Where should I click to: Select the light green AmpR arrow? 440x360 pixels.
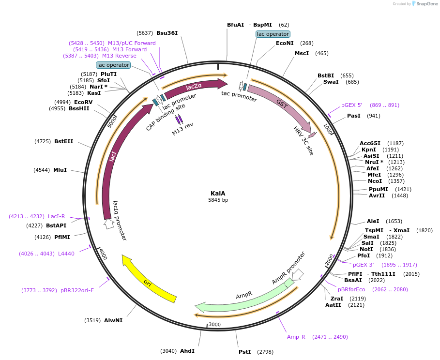pyautogui.click(x=242, y=295)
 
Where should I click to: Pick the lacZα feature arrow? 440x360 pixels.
pyautogui.click(x=194, y=87)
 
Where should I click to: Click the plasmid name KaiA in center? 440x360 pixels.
pyautogui.click(x=218, y=193)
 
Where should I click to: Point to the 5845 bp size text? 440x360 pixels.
pyautogui.click(x=218, y=200)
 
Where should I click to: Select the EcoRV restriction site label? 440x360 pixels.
pyautogui.click(x=83, y=102)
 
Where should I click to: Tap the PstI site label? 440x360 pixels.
pyautogui.click(x=244, y=352)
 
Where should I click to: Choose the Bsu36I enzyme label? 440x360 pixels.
pyautogui.click(x=167, y=33)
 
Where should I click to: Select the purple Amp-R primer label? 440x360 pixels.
pyautogui.click(x=296, y=337)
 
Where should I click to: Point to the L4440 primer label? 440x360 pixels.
pyautogui.click(x=66, y=253)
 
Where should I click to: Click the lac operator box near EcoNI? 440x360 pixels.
pyautogui.click(x=273, y=34)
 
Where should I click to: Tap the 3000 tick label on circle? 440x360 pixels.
pyautogui.click(x=214, y=325)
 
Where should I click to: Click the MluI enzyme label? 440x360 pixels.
pyautogui.click(x=60, y=170)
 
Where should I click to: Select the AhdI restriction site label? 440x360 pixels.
pyautogui.click(x=187, y=350)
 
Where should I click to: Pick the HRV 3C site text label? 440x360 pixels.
pyautogui.click(x=303, y=141)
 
